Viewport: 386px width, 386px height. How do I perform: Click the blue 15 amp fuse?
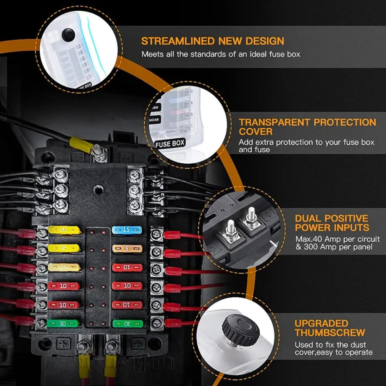[127, 230]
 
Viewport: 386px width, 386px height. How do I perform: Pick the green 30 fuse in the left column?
[63, 323]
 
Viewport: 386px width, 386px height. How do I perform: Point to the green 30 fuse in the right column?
[127, 323]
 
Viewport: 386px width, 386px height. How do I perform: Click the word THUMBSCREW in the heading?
[330, 333]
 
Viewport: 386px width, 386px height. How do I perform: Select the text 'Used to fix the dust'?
[329, 345]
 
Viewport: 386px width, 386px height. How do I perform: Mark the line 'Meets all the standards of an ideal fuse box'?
[221, 54]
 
